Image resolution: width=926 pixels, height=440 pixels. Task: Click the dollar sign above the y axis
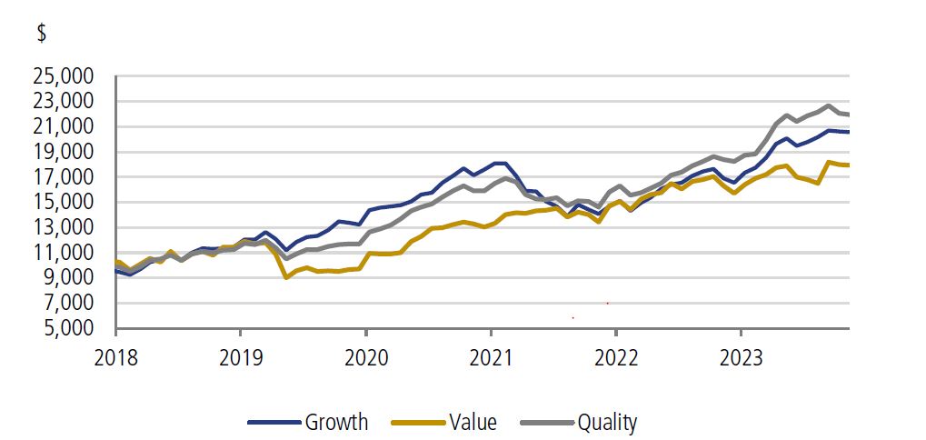tap(42, 34)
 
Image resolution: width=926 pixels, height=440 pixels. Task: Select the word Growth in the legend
tap(336, 422)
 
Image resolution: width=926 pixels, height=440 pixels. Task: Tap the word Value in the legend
tap(473, 422)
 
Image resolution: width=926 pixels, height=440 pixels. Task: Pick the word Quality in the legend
tap(607, 422)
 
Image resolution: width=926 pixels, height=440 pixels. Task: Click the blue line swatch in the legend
tap(274, 423)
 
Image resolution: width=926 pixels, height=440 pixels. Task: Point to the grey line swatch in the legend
tap(547, 423)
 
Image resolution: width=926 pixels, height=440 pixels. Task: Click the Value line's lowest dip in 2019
tap(287, 276)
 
